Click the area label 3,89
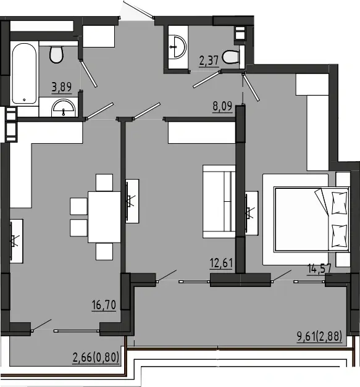pyautogui.click(x=62, y=87)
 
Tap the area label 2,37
pyautogui.click(x=209, y=60)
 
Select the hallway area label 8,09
pyautogui.click(x=222, y=106)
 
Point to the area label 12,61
pyautogui.click(x=221, y=263)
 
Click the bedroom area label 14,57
pyautogui.click(x=319, y=268)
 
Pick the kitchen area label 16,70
pyautogui.click(x=104, y=305)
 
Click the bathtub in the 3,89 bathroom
pyautogui.click(x=24, y=73)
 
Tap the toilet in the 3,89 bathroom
pyautogui.click(x=57, y=54)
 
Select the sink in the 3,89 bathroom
pyautogui.click(x=63, y=108)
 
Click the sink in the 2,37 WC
pyautogui.click(x=178, y=47)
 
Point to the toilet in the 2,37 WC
pyautogui.click(x=230, y=57)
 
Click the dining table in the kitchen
pyautogui.click(x=104, y=217)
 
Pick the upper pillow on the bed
pyautogui.click(x=340, y=203)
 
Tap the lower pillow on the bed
pyautogui.click(x=340, y=236)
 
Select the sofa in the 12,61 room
pyautogui.click(x=219, y=202)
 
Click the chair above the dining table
pyautogui.click(x=104, y=183)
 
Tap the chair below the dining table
pyautogui.click(x=104, y=251)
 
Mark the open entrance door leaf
pyautogui.click(x=138, y=9)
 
